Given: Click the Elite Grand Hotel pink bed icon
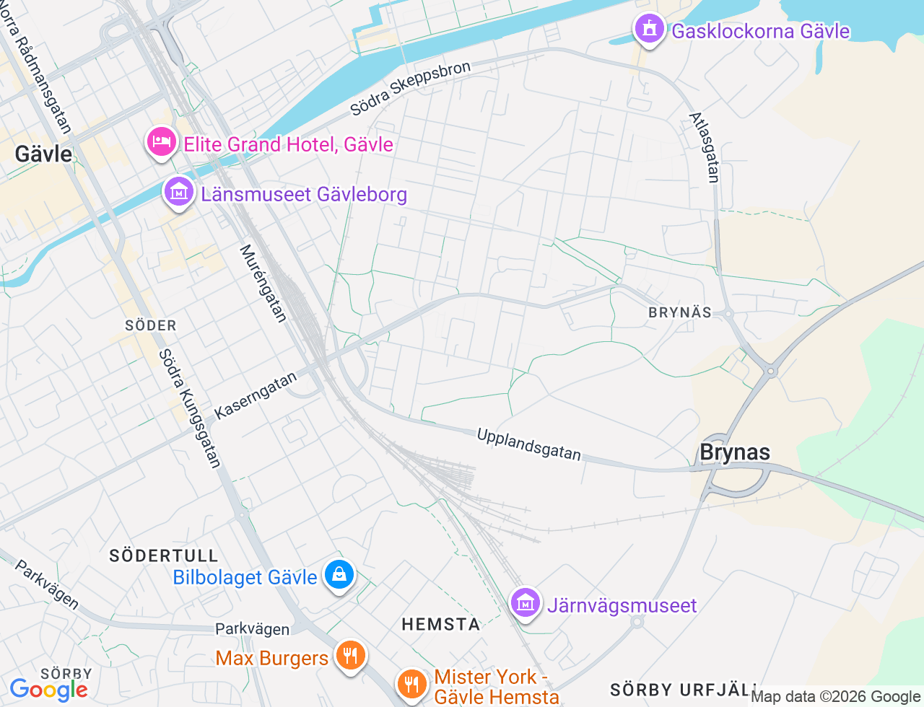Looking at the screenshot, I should coord(162,141).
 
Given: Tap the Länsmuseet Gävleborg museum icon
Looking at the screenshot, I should coord(178,192).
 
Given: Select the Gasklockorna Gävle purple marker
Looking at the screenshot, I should coord(649,29).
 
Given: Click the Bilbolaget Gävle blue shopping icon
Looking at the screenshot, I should coord(339,575).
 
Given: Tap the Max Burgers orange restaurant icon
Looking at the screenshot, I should coord(350,656).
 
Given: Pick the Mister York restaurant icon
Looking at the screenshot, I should coord(411,682).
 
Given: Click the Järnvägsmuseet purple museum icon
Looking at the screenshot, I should coord(526,602).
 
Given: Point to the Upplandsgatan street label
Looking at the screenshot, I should coord(528,444).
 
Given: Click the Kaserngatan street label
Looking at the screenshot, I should coord(256,395).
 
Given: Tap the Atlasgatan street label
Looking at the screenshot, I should coord(705,147).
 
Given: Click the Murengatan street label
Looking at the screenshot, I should coord(263,283).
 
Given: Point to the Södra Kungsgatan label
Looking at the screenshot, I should coord(189,408).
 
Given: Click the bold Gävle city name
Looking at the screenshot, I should coord(43,154).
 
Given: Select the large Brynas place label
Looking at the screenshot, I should coord(735,452).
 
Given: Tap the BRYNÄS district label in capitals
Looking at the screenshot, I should coord(680,312).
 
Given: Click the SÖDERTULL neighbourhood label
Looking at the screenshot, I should coord(164,555).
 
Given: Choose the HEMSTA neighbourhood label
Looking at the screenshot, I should coord(441,624).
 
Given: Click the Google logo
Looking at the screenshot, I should coord(48,690).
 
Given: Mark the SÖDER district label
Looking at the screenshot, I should coord(151,325).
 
